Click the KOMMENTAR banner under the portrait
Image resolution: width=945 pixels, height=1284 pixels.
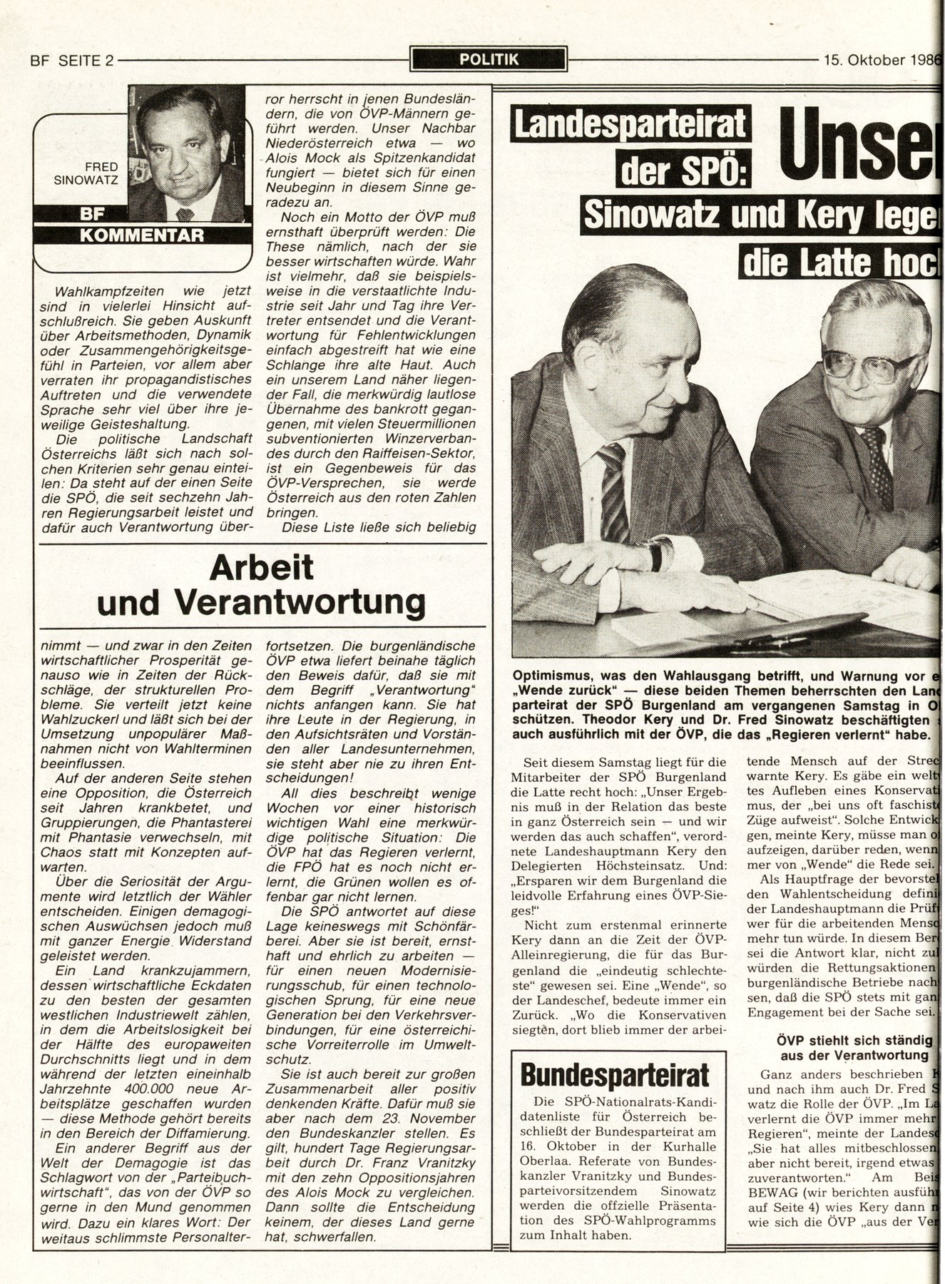[x=141, y=234]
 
